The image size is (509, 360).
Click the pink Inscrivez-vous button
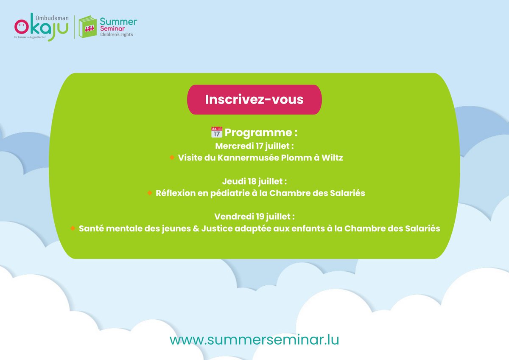click(255, 99)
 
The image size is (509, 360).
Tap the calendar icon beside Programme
click(216, 132)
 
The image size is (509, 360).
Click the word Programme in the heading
click(258, 132)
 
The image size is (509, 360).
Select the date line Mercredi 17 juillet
click(255, 146)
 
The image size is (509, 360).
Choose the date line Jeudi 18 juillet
click(255, 181)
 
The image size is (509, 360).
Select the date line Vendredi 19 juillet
click(255, 217)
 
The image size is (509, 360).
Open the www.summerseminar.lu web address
click(255, 340)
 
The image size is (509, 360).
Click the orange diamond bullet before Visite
click(172, 157)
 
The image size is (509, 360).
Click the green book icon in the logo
click(88, 27)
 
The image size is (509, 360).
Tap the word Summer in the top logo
click(118, 21)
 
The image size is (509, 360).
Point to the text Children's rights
click(116, 34)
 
